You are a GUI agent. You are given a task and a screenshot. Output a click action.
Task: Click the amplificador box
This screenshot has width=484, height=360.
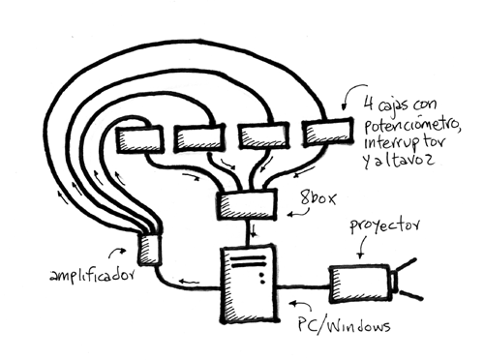[149, 250]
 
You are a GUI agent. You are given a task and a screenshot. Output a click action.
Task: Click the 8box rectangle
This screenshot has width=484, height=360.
[247, 205]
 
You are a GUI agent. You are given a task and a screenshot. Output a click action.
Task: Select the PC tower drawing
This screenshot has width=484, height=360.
[249, 285]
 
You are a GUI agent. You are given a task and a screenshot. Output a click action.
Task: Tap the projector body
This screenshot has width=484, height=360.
[360, 284]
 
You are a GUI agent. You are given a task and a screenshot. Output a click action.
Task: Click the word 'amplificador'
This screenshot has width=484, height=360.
[92, 275]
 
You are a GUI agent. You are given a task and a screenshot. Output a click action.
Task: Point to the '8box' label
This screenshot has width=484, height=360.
[318, 197]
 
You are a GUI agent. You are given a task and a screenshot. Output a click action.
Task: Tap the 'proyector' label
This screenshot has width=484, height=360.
[385, 226]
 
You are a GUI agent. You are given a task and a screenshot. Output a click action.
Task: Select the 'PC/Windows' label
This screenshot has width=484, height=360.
[344, 326]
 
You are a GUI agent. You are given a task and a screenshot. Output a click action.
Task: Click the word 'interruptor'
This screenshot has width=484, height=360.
[405, 143]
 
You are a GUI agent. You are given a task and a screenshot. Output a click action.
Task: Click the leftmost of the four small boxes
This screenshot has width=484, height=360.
[139, 139]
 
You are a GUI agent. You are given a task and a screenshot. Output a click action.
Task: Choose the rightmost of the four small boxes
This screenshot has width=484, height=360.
[327, 132]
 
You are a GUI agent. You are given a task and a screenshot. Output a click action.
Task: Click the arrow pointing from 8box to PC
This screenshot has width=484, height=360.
[255, 231]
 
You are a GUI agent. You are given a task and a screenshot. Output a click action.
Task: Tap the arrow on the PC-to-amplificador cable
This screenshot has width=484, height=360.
[189, 282]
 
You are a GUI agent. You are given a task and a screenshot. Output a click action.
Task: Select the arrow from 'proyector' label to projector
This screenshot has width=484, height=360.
[362, 248]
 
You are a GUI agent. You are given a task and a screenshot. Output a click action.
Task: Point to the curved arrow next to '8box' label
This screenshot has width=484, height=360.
[298, 213]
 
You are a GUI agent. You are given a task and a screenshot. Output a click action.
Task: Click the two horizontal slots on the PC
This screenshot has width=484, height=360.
[248, 261]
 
